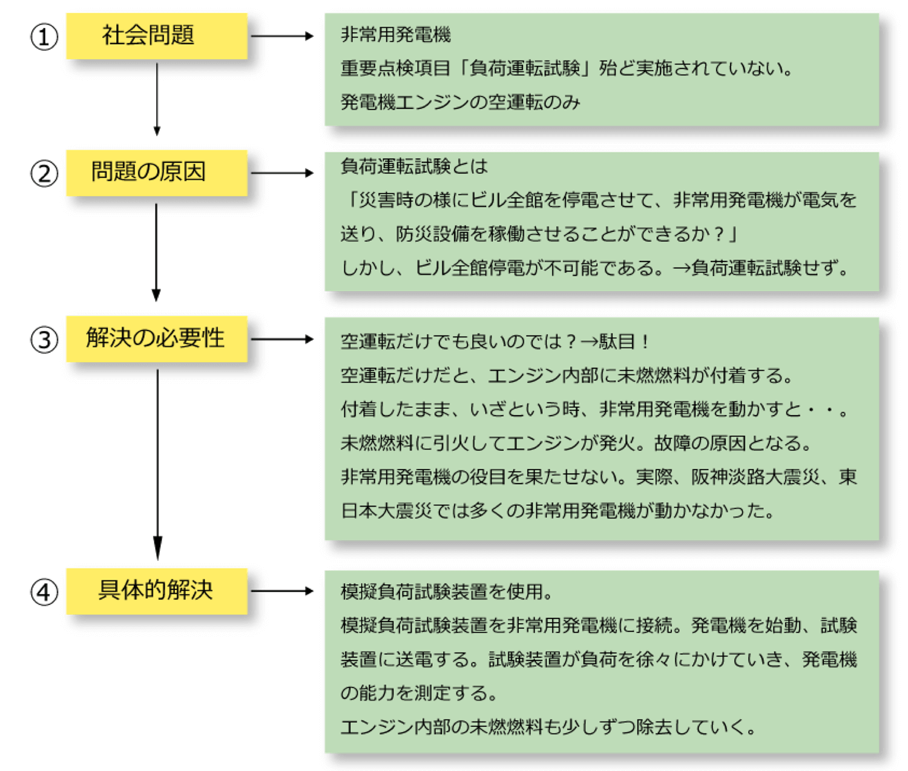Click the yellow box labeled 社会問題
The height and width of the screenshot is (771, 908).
point(156,36)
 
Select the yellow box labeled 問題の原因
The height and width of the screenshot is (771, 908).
point(156,172)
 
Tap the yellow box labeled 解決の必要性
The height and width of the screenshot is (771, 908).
point(156,338)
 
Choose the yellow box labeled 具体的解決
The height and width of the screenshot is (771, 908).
point(156,591)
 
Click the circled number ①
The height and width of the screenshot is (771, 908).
point(44,37)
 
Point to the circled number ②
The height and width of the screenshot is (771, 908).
point(44,174)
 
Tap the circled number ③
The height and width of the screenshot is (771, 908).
point(44,340)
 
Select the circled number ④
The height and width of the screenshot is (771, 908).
point(44,592)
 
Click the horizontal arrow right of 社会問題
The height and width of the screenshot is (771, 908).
point(281,36)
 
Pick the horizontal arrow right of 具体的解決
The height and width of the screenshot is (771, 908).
point(281,591)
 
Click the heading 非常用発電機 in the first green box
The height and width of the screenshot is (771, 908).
point(395,34)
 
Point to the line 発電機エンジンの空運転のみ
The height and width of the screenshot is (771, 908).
point(460,102)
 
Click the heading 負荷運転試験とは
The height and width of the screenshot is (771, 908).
point(414,166)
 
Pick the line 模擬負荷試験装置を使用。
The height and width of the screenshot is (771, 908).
point(447,591)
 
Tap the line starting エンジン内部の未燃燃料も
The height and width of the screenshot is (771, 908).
point(548,727)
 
